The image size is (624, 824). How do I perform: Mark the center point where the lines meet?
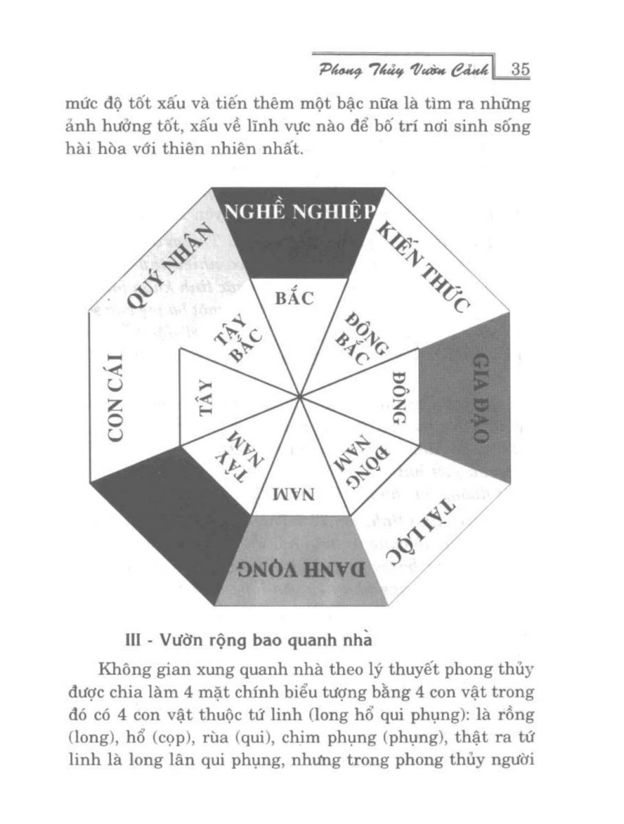300,396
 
